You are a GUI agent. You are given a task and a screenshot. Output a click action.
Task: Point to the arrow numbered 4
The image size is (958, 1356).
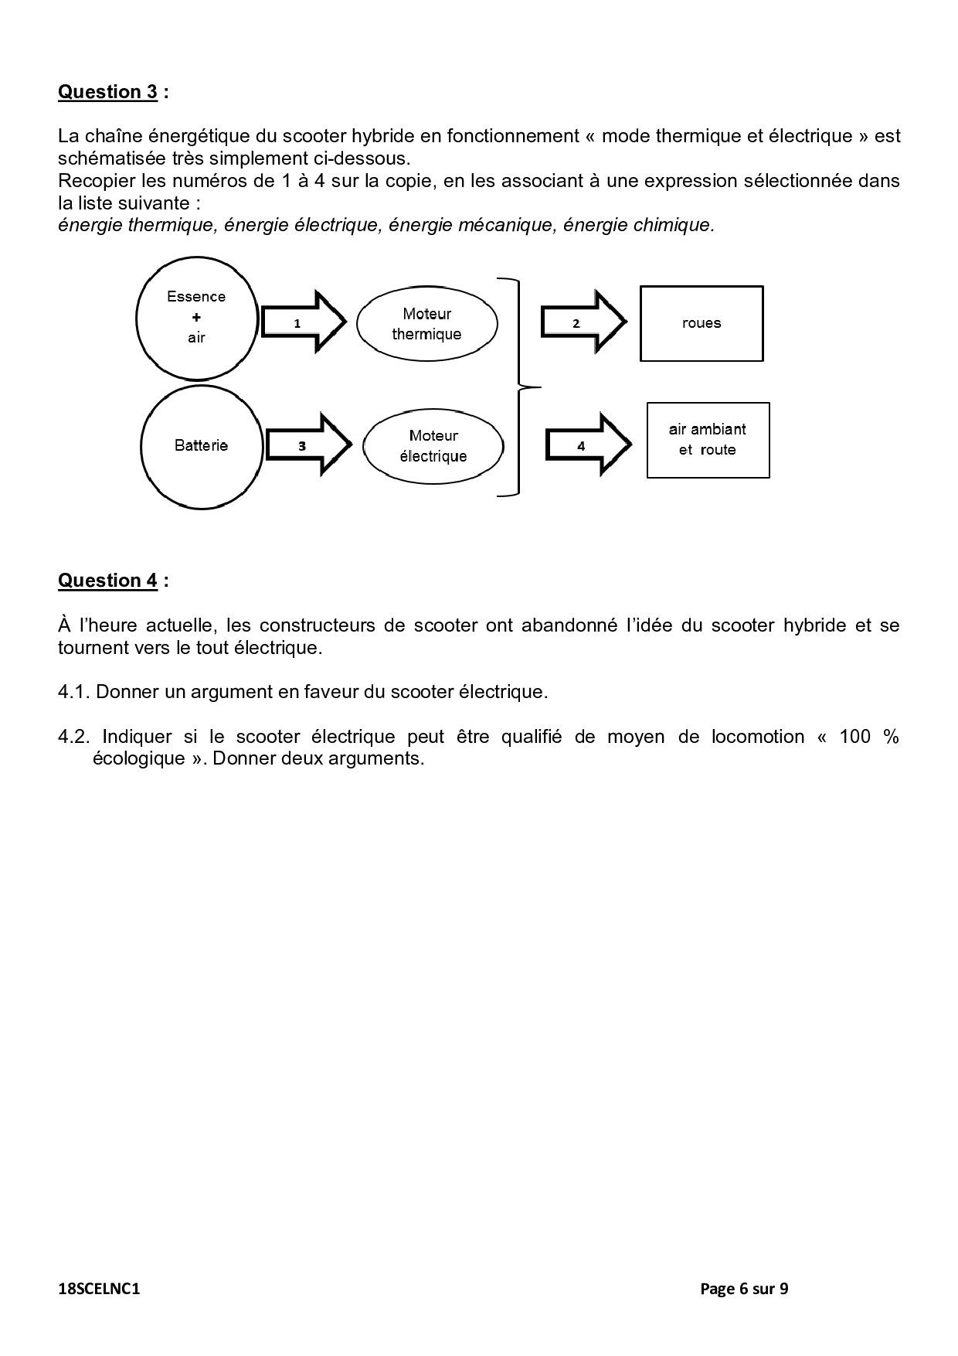coord(588,445)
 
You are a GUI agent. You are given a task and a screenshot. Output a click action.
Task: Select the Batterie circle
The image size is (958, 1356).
coord(201,446)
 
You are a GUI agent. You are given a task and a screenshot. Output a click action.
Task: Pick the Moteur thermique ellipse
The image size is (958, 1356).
coord(426,324)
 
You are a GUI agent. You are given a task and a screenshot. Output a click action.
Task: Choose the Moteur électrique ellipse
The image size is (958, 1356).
coord(433,446)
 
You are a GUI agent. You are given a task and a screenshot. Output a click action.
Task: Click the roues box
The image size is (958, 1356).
coord(702,323)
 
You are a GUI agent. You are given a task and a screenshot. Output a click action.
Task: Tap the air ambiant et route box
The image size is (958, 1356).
coord(708,440)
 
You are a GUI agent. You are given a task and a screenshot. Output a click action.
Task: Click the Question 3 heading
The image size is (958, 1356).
coord(108,92)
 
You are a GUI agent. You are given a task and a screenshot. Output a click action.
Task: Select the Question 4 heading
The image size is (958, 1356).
coord(108,581)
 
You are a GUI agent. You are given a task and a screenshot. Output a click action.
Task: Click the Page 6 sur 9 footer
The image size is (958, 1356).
coord(743,1289)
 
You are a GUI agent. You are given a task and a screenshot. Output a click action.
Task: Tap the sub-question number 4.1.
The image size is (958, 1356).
coord(73,692)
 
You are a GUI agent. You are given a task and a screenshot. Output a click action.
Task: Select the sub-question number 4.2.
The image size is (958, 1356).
coord(73,737)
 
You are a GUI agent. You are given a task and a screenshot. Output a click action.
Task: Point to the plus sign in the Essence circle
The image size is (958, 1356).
coord(196,317)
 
